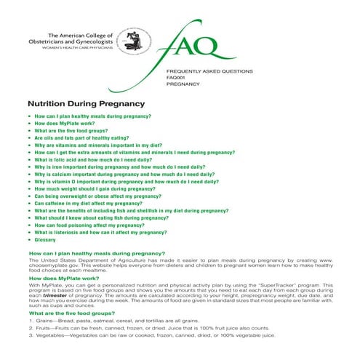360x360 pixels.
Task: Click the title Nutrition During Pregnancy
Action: pyautogui.click(x=87, y=104)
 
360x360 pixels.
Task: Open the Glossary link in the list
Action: pyautogui.click(x=45, y=239)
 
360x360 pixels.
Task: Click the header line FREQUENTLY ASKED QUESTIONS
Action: pyautogui.click(x=209, y=71)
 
